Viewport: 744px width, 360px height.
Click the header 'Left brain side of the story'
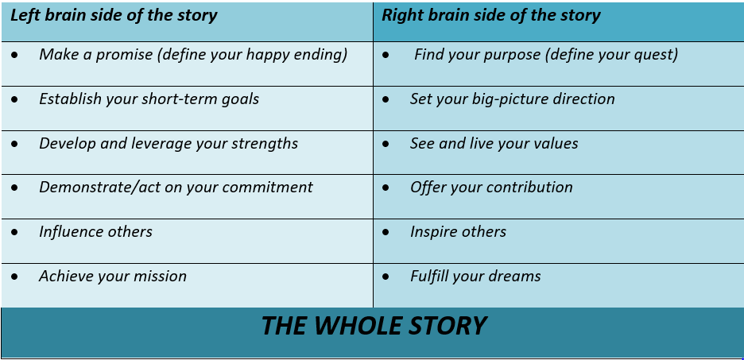tap(114, 15)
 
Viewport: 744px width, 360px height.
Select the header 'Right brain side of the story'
tap(491, 15)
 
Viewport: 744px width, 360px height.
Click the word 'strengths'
tap(264, 144)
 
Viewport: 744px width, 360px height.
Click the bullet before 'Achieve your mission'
tap(15, 277)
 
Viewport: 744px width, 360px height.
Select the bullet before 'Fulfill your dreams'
tap(386, 277)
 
